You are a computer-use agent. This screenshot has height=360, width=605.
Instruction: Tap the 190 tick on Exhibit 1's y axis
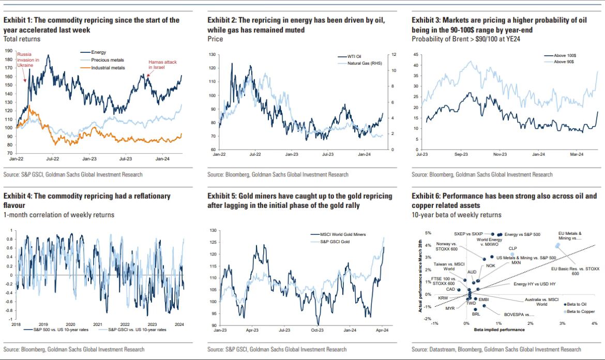tap(9, 51)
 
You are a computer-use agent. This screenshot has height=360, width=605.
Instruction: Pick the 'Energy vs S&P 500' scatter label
tap(522, 235)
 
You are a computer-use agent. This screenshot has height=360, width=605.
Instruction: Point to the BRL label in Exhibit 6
tap(476, 313)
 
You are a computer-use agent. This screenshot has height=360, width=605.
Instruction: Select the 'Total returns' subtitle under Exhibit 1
tap(22, 39)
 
